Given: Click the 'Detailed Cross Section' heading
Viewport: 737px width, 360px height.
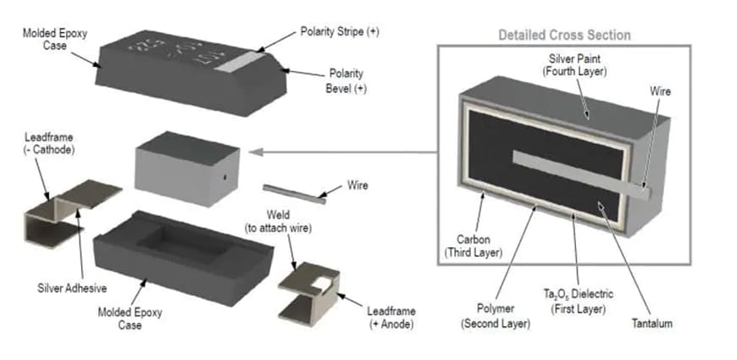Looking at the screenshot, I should pos(564,36).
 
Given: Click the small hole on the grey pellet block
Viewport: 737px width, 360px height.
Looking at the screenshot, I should pos(223,178).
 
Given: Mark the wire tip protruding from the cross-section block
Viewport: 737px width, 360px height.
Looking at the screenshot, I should pos(644,191).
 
